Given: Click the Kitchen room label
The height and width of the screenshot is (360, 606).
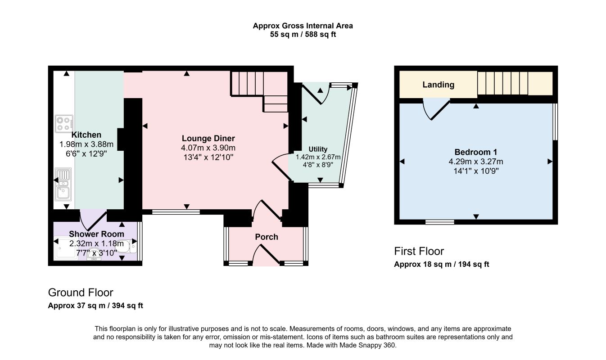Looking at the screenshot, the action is (86, 135).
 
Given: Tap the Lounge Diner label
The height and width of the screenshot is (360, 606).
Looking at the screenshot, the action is (208, 138).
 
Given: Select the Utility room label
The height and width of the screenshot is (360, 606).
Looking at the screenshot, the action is (318, 149).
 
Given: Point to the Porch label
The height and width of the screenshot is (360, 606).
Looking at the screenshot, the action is (267, 237).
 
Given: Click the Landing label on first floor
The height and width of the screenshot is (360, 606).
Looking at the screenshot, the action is (438, 85).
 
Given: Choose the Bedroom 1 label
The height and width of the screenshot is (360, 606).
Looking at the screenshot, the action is (475, 152).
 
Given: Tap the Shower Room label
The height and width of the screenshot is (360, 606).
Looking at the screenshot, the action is (97, 234).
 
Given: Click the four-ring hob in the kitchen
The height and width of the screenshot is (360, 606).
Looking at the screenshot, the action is (64, 124).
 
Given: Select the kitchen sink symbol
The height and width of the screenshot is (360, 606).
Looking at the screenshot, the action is (63, 184).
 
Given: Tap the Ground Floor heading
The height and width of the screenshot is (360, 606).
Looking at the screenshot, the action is (81, 292).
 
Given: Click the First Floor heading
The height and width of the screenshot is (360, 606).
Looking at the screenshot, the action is (419, 251).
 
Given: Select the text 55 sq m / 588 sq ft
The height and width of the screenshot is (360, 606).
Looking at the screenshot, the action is (303, 35).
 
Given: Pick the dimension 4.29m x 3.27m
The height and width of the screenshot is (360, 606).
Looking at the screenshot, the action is (476, 162).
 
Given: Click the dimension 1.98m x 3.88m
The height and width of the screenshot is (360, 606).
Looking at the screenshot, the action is (86, 144).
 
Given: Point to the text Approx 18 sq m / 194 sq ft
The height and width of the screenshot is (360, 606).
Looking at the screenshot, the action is (441, 264).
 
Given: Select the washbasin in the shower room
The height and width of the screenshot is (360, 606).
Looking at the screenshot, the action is (94, 254).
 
